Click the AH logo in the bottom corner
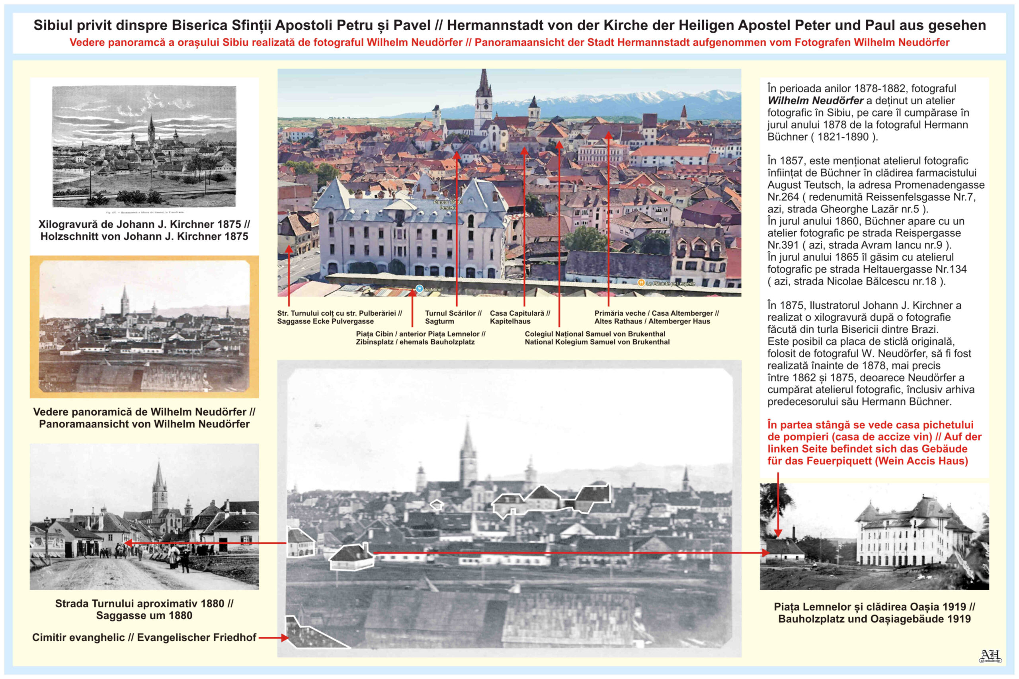[x=990, y=656]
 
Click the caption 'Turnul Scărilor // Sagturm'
[x=453, y=317]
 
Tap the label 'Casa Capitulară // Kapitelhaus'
[x=520, y=317]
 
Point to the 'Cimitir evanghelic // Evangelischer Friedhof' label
[x=144, y=638]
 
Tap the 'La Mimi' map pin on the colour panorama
[x=419, y=289]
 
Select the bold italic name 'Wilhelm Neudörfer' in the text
[x=815, y=100]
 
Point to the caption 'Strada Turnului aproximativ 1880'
[x=144, y=604]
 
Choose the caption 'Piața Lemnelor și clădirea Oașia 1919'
[x=874, y=607]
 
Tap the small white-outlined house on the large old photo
[x=437, y=505]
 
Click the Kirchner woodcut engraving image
[x=144, y=146]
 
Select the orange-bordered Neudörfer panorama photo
[x=144, y=326]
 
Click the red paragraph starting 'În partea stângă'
[x=874, y=443]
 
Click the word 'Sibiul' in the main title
[x=53, y=25]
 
